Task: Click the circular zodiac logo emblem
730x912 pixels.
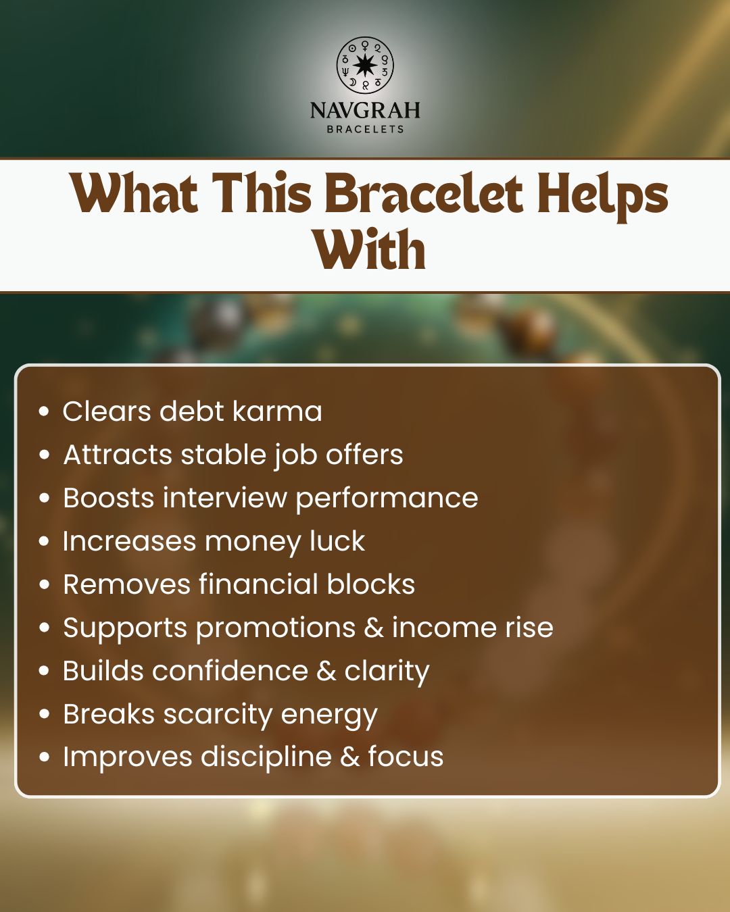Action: point(365,66)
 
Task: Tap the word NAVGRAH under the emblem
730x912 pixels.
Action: point(365,110)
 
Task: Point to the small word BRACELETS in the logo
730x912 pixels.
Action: point(365,129)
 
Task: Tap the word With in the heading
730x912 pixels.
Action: point(369,250)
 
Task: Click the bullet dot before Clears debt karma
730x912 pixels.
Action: point(45,411)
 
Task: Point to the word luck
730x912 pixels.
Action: point(337,541)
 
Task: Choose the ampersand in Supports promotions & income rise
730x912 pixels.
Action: point(374,628)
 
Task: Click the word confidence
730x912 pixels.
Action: point(229,671)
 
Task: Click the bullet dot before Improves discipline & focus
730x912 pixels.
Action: point(45,757)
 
